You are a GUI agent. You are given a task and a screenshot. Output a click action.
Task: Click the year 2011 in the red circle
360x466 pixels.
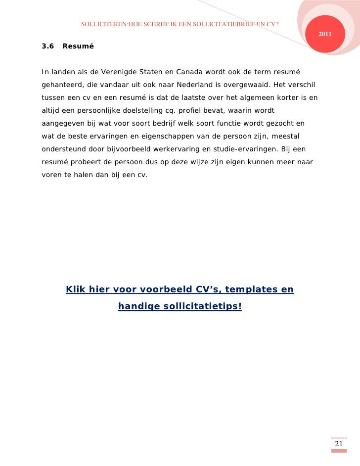[325, 34]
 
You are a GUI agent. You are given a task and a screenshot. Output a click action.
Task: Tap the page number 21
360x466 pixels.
[339, 444]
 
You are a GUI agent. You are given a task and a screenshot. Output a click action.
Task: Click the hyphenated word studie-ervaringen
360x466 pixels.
[245, 149]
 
